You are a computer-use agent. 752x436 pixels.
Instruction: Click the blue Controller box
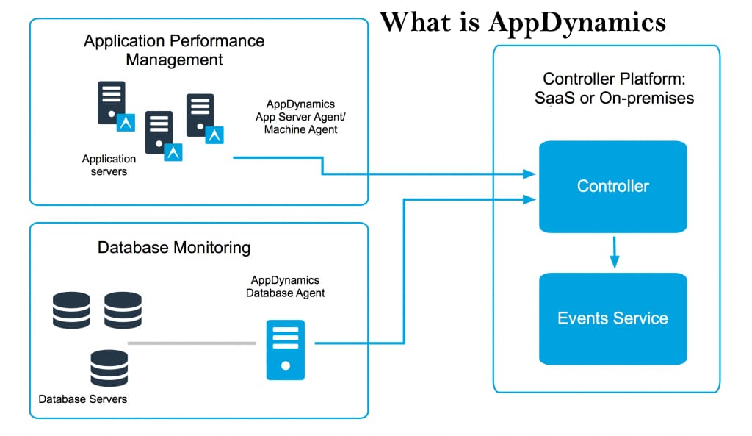(x=612, y=186)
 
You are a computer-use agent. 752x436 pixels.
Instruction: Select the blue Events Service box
(x=612, y=318)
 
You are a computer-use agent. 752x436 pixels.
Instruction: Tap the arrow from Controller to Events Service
(x=615, y=252)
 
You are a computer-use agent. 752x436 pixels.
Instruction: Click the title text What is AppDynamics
(x=523, y=21)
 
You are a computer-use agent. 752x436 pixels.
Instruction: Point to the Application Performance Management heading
(x=174, y=50)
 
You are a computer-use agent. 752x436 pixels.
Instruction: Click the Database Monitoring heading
(x=174, y=247)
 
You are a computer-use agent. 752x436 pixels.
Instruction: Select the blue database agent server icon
(x=285, y=349)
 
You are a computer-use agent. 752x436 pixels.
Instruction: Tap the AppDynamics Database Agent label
(x=285, y=287)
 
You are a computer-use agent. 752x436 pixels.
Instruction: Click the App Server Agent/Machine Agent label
(x=297, y=117)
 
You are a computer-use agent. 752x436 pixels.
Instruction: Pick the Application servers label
(x=109, y=165)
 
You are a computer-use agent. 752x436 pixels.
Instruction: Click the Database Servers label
(x=83, y=399)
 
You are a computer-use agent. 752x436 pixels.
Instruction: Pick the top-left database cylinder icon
(x=71, y=310)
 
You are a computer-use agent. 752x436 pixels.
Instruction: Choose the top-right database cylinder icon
(x=123, y=310)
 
